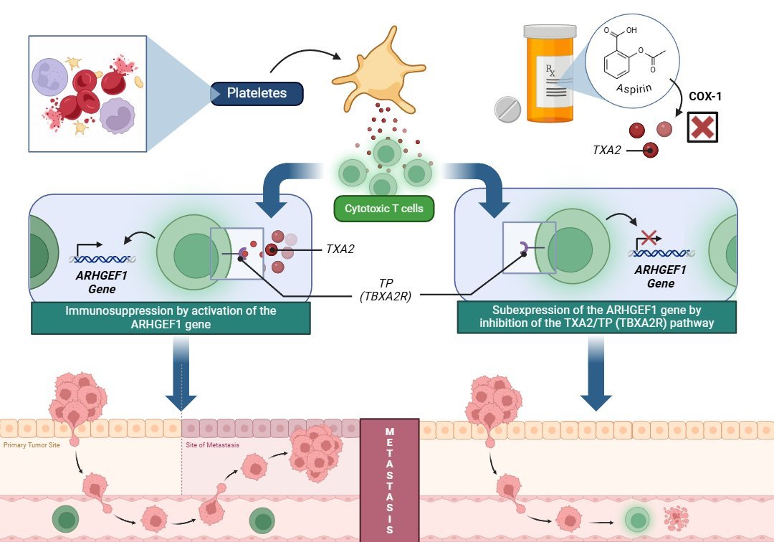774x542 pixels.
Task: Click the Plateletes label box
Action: (x=257, y=93)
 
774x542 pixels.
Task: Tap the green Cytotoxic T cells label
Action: (x=384, y=209)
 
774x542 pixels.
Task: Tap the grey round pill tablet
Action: (x=508, y=109)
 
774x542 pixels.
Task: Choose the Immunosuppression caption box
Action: (x=171, y=318)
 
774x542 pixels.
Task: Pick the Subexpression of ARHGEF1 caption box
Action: (x=597, y=317)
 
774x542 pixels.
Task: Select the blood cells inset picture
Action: (x=87, y=93)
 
